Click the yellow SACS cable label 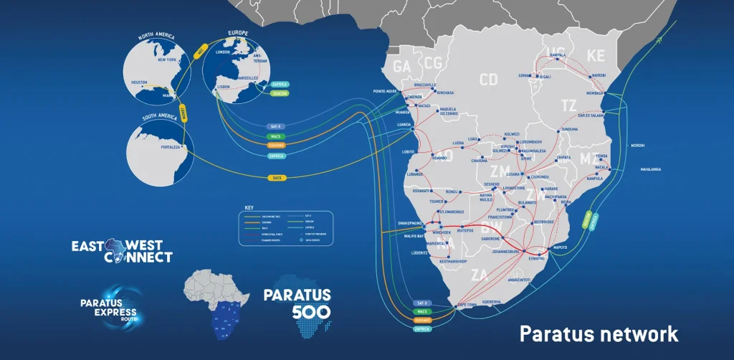(x=277, y=177)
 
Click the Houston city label (x=139, y=82)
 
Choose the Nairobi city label (x=599, y=75)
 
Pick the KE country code (x=596, y=55)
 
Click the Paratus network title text (x=599, y=333)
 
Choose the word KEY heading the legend (x=249, y=207)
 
